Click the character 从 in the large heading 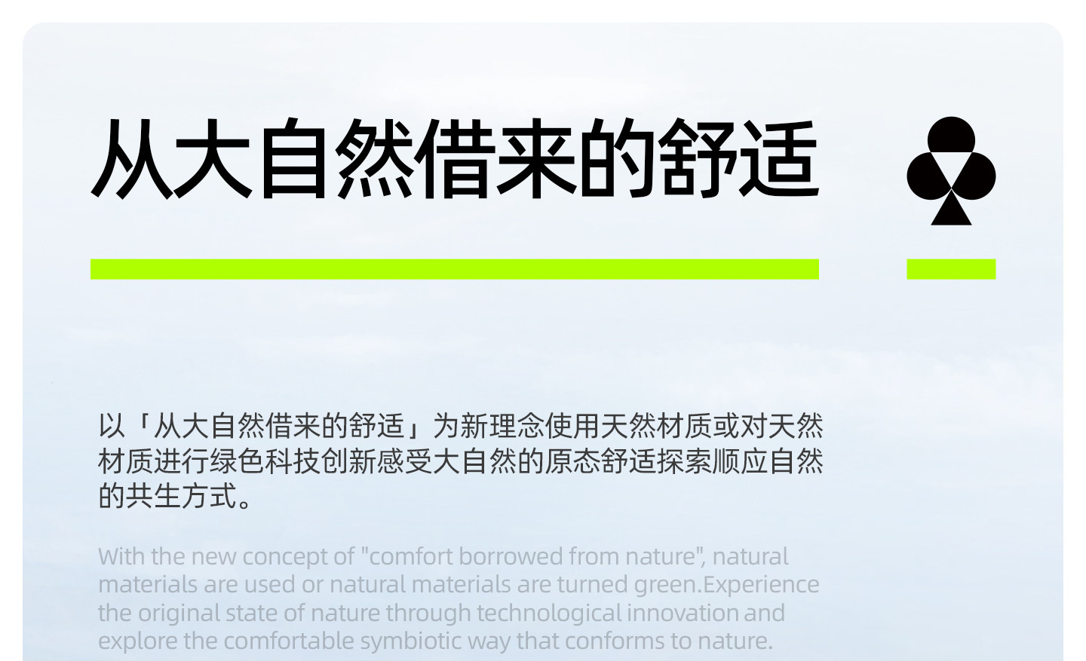point(132,158)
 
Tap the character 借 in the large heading point(455,158)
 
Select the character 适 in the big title point(778,158)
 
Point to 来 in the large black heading point(536,158)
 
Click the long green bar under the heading point(455,269)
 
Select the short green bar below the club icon point(951,269)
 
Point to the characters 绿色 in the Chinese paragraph point(237,461)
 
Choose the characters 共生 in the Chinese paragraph point(153,496)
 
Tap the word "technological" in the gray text point(549,614)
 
